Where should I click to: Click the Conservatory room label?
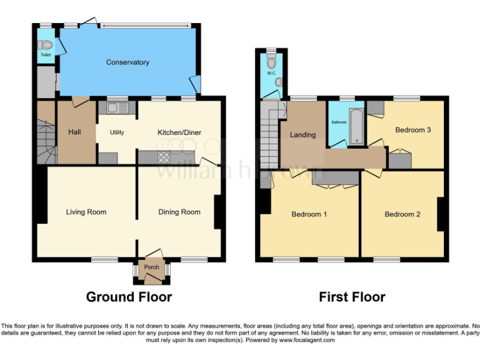click(127, 62)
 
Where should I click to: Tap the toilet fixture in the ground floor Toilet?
click(45, 45)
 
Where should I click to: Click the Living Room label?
click(86, 212)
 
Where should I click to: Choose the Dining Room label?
click(179, 212)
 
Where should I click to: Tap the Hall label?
click(74, 132)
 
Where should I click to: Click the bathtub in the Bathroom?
click(356, 126)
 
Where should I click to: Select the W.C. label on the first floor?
click(271, 74)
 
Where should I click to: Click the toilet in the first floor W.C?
click(271, 62)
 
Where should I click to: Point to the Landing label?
click(302, 135)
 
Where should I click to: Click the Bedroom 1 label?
click(309, 214)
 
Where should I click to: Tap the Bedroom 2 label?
click(402, 214)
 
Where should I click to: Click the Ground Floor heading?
click(129, 297)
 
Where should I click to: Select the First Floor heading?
click(352, 297)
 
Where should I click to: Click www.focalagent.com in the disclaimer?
click(307, 341)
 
